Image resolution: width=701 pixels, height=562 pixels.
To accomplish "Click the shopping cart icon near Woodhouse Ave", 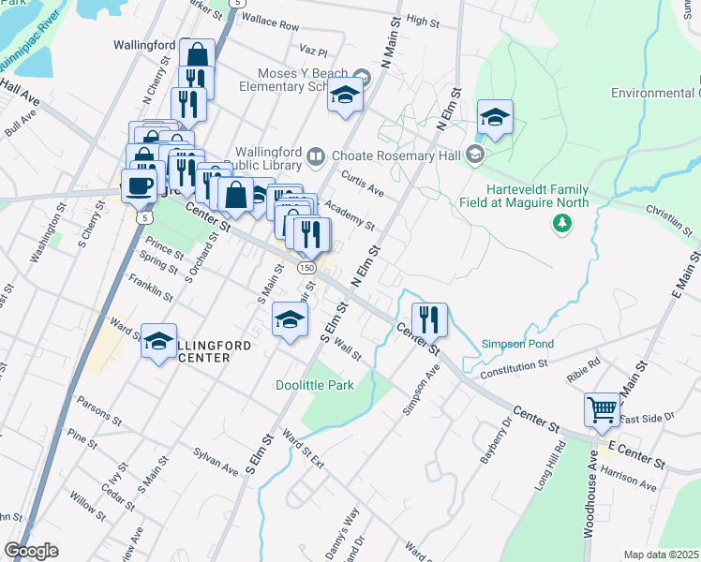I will pos(602,408).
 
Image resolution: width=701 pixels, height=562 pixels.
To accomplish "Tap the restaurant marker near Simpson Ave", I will pos(429,319).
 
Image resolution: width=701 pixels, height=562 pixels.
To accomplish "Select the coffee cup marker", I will pos(139,185).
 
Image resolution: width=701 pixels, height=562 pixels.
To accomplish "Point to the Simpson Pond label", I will pos(517,344).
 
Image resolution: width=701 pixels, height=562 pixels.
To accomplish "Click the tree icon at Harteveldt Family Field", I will pos(561,223).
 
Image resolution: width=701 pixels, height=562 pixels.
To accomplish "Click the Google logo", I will pos(31,551).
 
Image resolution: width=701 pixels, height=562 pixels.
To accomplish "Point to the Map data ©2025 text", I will pos(661,555).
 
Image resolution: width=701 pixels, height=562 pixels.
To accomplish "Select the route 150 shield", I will pos(306,268).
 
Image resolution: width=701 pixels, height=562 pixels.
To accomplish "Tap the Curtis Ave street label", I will pos(363,185).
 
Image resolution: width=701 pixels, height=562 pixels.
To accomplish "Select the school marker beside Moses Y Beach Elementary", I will pos(345,95).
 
